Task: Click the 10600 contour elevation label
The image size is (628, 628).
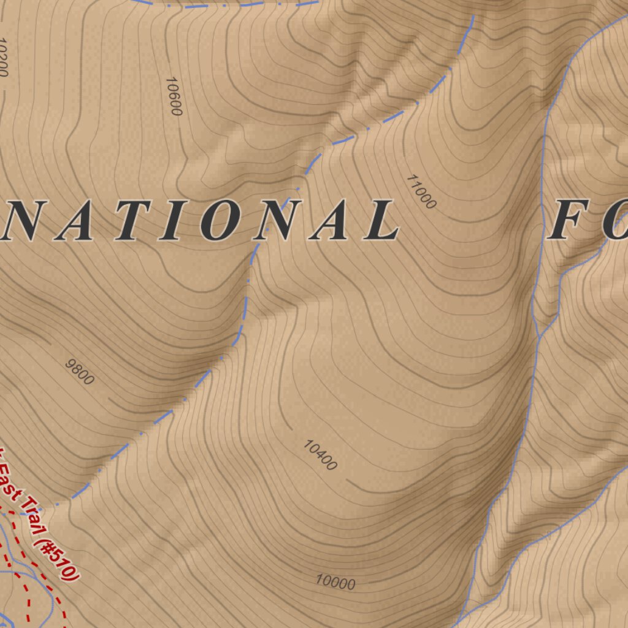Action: pos(174,96)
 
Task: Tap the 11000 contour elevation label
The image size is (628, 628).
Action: pos(421,191)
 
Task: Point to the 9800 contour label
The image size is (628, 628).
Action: pos(80,372)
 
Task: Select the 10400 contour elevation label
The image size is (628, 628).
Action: pos(320,455)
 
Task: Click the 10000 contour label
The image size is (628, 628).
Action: pos(335,581)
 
